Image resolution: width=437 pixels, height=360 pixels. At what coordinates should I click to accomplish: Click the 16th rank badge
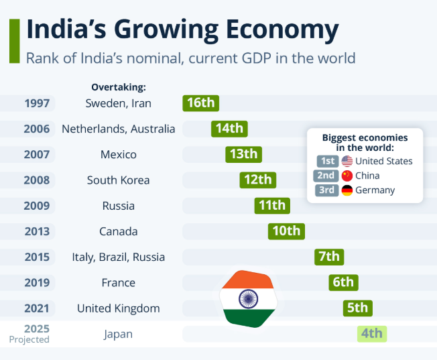201,103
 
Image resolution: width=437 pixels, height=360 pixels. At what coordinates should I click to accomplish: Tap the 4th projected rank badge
371,333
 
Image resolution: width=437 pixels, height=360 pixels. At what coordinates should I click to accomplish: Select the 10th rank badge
286,231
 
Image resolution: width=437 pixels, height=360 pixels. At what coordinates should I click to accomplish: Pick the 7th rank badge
329,257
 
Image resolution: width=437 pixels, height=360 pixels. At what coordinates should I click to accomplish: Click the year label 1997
37,103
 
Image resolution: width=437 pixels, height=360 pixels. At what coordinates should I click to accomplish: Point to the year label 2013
37,231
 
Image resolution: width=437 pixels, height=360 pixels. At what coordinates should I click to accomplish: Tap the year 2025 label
37,328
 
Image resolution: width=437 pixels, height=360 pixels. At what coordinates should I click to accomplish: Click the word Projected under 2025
29,340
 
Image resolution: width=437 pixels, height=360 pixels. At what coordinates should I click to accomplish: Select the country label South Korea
119,180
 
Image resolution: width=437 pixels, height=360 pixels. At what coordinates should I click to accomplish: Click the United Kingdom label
119,308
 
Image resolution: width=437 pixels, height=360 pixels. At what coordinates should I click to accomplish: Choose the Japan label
119,334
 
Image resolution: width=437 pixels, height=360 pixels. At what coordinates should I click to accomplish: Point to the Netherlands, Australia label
119,129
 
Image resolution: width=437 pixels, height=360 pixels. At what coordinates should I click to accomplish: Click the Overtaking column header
119,87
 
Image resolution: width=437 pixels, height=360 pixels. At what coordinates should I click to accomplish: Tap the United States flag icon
347,161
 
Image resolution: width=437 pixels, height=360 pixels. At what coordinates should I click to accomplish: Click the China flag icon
347,176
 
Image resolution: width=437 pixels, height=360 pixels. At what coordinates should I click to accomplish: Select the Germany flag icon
347,190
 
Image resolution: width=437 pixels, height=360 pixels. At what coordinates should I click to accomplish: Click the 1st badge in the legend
328,161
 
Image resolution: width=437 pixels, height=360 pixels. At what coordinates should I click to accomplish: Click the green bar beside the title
14,41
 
